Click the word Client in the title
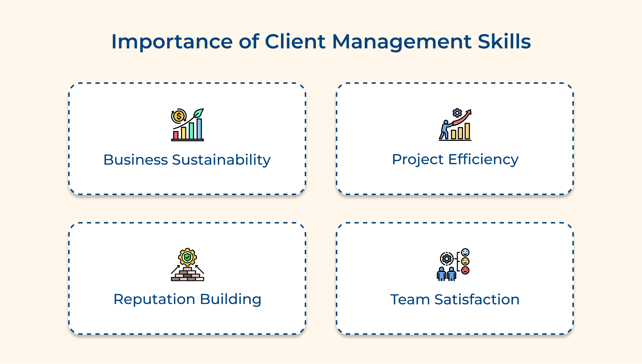(295, 42)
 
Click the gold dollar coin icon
(178, 116)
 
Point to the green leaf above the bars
(198, 113)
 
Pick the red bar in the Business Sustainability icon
(176, 135)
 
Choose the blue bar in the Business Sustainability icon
(199, 129)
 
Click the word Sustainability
(221, 160)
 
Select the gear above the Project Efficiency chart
(457, 113)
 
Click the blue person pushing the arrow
(445, 130)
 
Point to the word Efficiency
(483, 160)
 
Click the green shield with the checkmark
(187, 257)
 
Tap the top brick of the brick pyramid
(187, 269)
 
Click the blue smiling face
(465, 252)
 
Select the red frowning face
(465, 270)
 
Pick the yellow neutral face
(465, 261)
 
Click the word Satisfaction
(477, 300)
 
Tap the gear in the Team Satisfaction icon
(447, 259)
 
